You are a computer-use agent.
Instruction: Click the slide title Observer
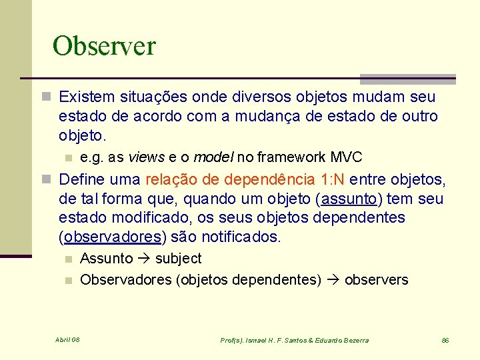tap(104, 46)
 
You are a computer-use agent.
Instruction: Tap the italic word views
tap(146, 157)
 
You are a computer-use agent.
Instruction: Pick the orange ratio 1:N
tap(331, 180)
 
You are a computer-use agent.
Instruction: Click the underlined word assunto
tap(347, 199)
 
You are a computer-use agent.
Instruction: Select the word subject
tap(178, 259)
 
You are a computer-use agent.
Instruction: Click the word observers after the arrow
tap(376, 280)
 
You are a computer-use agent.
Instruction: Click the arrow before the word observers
tap(333, 280)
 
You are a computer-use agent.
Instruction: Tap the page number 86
tap(445, 340)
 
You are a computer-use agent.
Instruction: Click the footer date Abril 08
tap(67, 340)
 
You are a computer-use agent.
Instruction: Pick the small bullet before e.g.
tap(67, 158)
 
